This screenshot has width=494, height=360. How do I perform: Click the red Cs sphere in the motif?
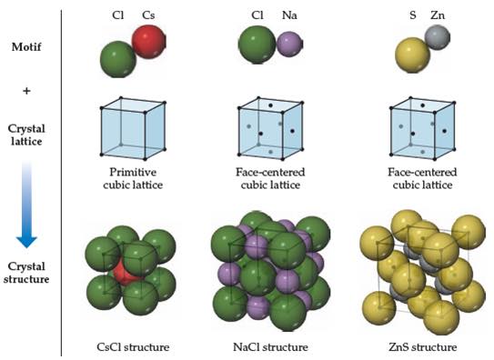(148, 42)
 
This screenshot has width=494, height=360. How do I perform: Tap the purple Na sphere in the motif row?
(290, 44)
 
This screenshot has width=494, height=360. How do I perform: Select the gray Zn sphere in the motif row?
(438, 38)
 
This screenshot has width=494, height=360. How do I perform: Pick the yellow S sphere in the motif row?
(412, 55)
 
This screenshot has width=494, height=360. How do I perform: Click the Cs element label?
(148, 15)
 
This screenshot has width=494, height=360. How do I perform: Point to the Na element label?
(289, 15)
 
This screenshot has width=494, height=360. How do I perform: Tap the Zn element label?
(438, 15)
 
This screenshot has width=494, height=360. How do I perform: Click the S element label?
(413, 15)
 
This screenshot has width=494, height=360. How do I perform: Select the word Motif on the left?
(26, 47)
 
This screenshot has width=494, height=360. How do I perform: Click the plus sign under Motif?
(26, 91)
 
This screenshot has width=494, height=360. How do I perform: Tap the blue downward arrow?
(26, 205)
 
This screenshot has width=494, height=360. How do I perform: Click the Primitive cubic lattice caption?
(133, 178)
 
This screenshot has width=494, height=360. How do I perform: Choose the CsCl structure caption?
(133, 347)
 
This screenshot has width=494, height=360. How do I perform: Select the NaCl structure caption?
(270, 347)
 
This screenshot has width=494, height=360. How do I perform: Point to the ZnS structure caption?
(422, 347)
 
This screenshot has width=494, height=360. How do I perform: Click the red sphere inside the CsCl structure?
(125, 271)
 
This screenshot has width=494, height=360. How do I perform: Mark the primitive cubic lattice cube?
(133, 128)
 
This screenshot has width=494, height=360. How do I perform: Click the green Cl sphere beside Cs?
(118, 59)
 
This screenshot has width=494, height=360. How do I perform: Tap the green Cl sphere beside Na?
(257, 45)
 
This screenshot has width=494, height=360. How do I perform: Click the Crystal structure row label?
(26, 273)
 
